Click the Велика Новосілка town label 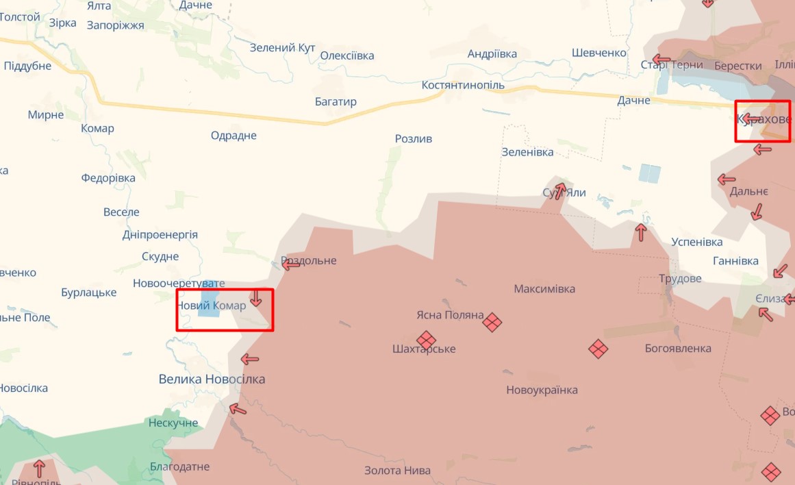click(x=212, y=379)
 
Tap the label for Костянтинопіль click(x=463, y=85)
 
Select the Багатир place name click(x=336, y=102)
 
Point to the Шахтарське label click(x=424, y=349)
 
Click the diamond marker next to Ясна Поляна click(x=492, y=321)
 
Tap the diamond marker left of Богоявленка click(x=598, y=349)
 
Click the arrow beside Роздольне click(x=290, y=264)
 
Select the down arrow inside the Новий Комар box click(x=255, y=297)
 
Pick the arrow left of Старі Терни click(x=661, y=60)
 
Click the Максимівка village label click(x=544, y=289)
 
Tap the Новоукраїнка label click(x=542, y=390)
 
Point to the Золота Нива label click(x=397, y=471)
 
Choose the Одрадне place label click(x=234, y=136)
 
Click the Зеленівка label click(x=527, y=152)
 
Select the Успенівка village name click(x=696, y=242)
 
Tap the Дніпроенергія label click(x=160, y=235)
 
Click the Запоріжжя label click(x=115, y=25)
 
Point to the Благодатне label click(x=179, y=467)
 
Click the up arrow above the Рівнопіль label click(x=39, y=468)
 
